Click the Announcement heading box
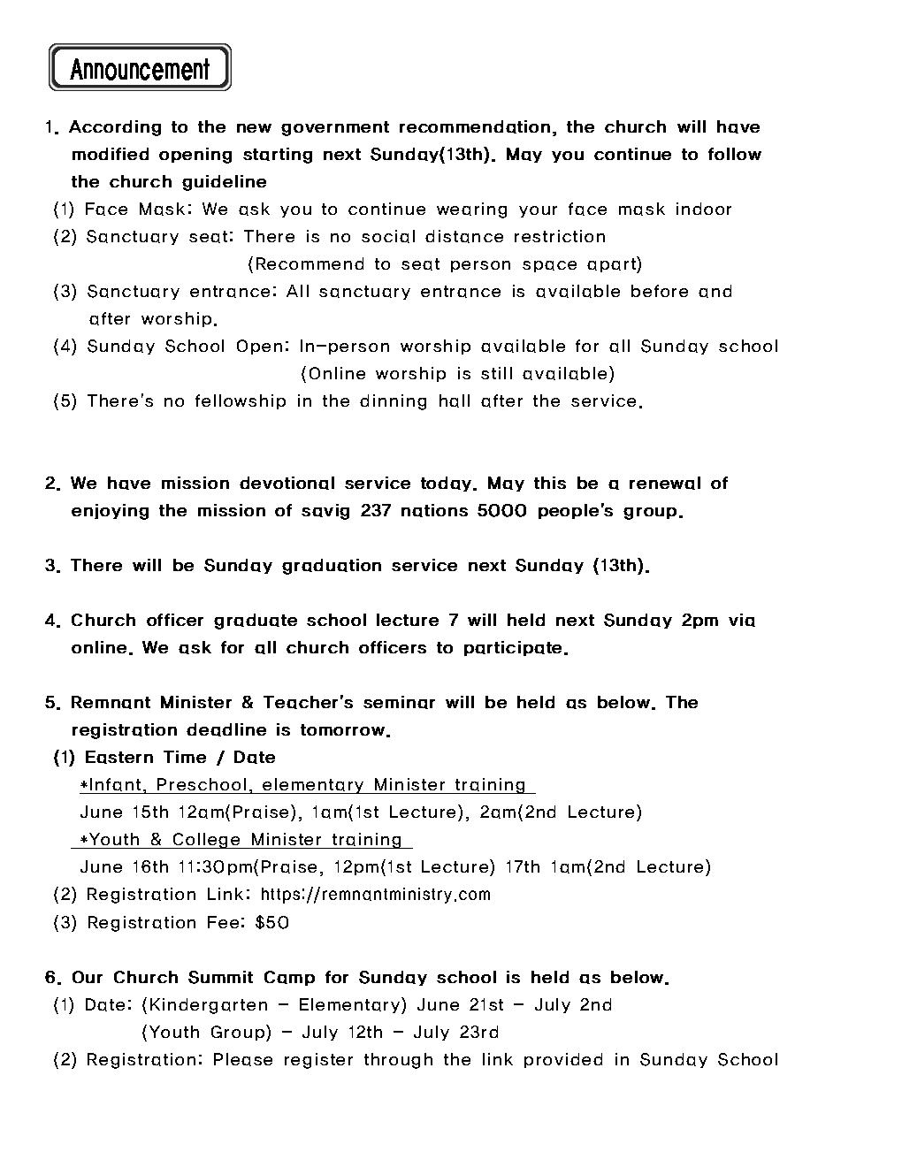point(140,68)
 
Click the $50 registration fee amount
point(271,923)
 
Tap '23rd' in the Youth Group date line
point(481,1033)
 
